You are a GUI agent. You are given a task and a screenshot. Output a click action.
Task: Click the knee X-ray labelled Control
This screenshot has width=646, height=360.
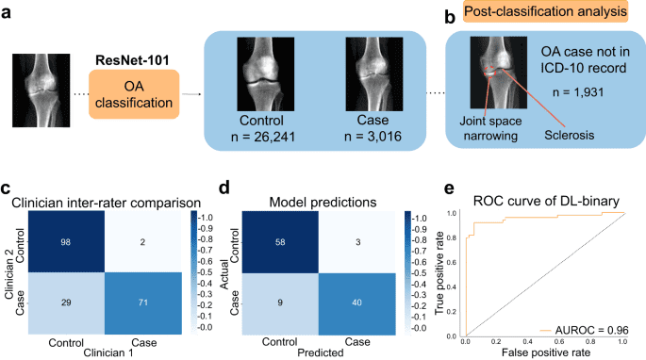click(265, 73)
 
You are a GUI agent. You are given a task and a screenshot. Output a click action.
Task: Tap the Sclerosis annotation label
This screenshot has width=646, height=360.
click(570, 134)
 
